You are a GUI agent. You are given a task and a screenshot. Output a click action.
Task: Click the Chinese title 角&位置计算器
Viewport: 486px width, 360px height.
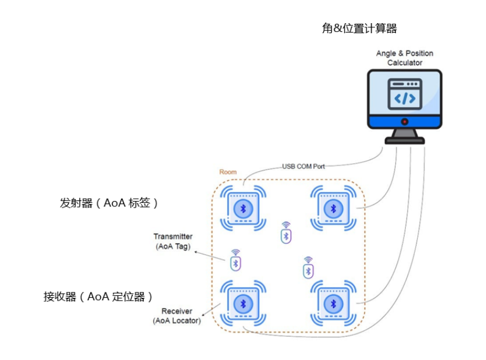[359, 28]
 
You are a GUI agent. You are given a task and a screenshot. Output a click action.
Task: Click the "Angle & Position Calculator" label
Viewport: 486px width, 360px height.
[404, 58]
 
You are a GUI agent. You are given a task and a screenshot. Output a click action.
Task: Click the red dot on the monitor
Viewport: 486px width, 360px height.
[405, 122]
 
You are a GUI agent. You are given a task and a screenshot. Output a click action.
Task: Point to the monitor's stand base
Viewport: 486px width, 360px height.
[405, 140]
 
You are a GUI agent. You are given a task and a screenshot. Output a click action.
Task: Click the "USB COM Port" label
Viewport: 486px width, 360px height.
[303, 167]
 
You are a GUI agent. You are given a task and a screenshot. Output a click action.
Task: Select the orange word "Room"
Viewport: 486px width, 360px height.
[228, 172]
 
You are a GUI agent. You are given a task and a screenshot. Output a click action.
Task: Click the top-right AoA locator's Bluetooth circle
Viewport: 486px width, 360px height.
[333, 208]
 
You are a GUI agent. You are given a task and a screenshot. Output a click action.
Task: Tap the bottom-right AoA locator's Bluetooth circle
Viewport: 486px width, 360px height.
[333, 304]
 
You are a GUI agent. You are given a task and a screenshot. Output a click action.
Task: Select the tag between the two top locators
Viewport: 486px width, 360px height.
[286, 235]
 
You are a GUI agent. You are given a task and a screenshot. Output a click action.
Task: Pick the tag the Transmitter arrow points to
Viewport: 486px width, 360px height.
[236, 262]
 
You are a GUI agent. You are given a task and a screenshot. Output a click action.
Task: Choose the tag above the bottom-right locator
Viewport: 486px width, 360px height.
[308, 270]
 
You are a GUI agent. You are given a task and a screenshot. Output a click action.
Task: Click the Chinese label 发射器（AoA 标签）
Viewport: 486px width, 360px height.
[110, 203]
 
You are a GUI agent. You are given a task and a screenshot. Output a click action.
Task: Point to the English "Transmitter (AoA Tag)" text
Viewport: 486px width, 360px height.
[173, 241]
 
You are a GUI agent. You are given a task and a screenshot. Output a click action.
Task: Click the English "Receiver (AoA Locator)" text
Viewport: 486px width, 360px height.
[176, 316]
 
